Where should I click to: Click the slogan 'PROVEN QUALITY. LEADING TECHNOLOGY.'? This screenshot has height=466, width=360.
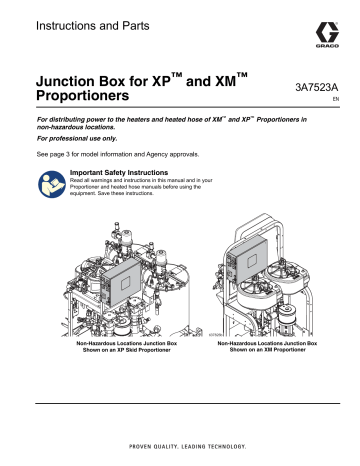point(180,446)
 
